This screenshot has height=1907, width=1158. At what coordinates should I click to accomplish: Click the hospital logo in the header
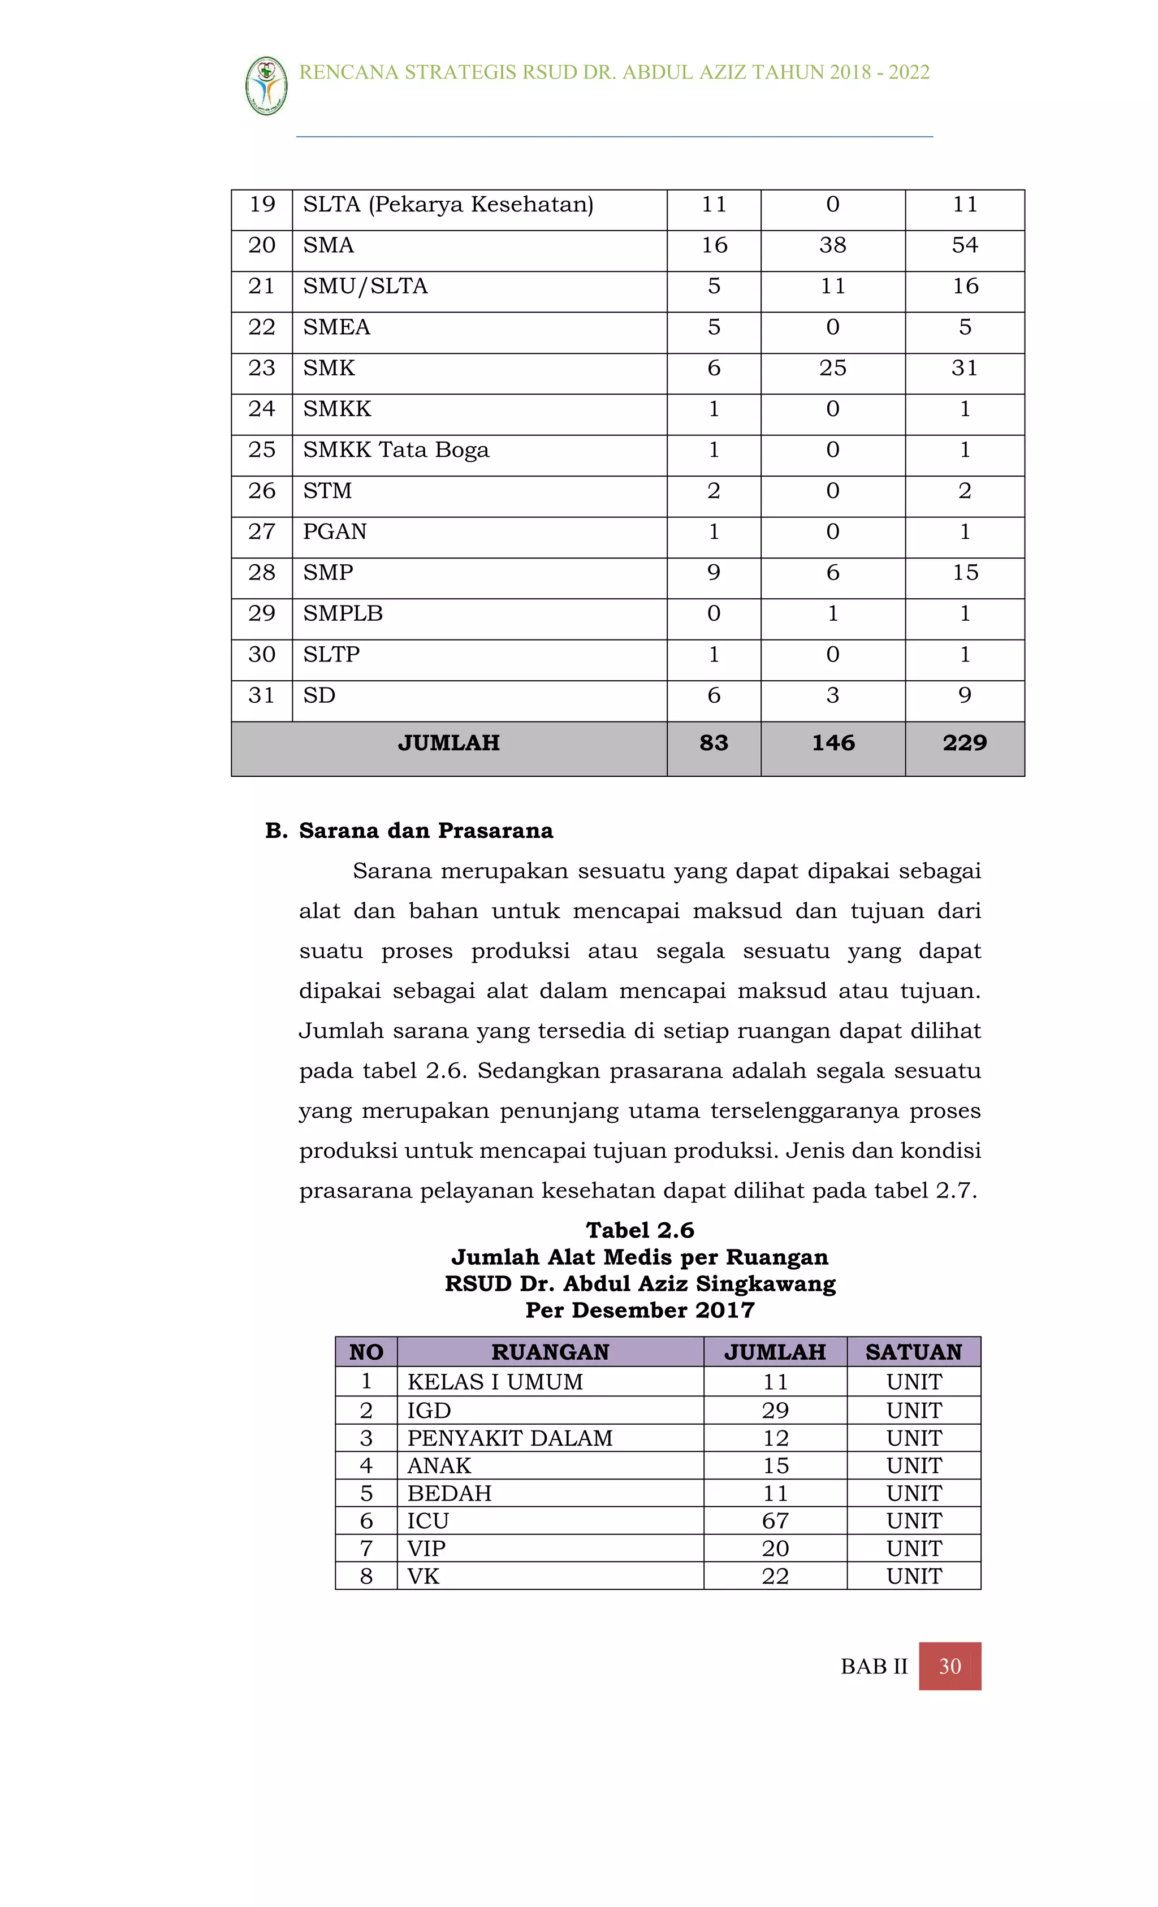(266, 86)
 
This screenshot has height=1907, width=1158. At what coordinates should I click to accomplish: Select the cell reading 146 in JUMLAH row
(832, 742)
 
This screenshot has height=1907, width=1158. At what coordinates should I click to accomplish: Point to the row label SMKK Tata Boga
(396, 449)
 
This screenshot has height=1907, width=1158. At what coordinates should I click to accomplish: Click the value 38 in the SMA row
(832, 245)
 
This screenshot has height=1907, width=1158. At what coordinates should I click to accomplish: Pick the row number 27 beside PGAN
(262, 531)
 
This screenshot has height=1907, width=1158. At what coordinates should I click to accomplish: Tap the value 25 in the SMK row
(832, 367)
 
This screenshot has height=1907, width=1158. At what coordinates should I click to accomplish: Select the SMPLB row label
(343, 613)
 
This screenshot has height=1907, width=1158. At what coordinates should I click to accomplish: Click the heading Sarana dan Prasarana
(425, 831)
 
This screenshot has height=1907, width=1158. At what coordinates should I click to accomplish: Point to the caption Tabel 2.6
(640, 1230)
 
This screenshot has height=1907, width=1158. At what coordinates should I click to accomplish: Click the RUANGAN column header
(550, 1351)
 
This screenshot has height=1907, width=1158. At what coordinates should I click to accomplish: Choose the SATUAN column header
(913, 1351)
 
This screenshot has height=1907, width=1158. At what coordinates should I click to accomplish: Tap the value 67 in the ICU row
(775, 1521)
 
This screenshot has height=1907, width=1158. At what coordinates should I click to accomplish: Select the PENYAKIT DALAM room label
(509, 1438)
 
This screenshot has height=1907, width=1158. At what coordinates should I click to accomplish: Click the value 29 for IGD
(775, 1410)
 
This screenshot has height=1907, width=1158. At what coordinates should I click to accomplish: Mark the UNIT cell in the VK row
(913, 1576)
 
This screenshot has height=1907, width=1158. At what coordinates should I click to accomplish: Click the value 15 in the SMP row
(965, 573)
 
